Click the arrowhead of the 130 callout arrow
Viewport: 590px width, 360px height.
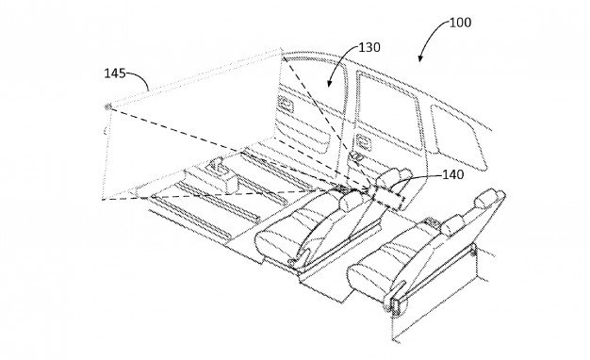(331, 86)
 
